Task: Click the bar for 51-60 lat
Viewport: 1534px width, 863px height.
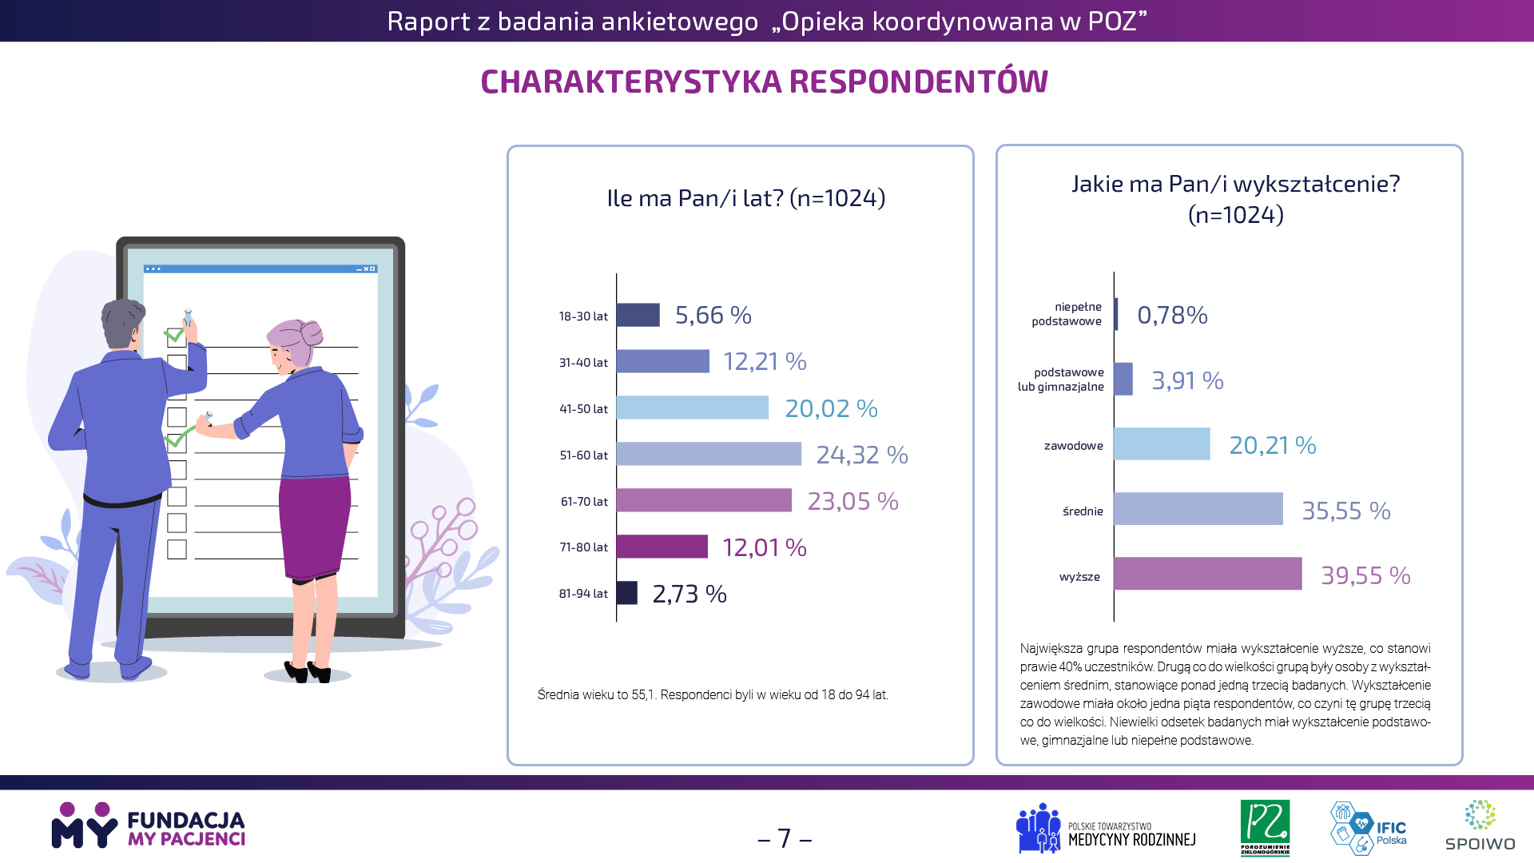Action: pyautogui.click(x=708, y=454)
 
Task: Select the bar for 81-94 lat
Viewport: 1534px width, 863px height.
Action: pyautogui.click(x=626, y=593)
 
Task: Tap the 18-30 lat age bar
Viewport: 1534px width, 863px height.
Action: pyautogui.click(x=638, y=315)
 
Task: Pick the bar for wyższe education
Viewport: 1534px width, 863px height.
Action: pyautogui.click(x=1207, y=574)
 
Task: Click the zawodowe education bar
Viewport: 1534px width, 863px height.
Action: pyautogui.click(x=1162, y=444)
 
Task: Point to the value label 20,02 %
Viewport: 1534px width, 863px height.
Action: pyautogui.click(x=831, y=408)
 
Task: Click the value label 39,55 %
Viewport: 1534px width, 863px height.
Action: pyautogui.click(x=1365, y=575)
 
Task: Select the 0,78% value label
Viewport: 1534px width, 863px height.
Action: pyautogui.click(x=1172, y=315)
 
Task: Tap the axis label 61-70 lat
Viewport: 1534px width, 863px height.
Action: pyautogui.click(x=584, y=502)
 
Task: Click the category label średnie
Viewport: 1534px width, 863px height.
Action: pyautogui.click(x=1083, y=511)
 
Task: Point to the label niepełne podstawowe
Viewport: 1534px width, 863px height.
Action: pyautogui.click(x=1067, y=314)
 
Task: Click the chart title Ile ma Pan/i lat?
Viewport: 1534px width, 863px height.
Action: pyautogui.click(x=745, y=198)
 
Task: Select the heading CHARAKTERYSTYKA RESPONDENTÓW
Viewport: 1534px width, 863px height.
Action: pyautogui.click(x=764, y=82)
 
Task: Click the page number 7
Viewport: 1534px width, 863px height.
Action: pyautogui.click(x=785, y=838)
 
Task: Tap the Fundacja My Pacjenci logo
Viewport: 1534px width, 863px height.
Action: pyautogui.click(x=149, y=826)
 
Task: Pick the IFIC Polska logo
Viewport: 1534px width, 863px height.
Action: pyautogui.click(x=1368, y=828)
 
